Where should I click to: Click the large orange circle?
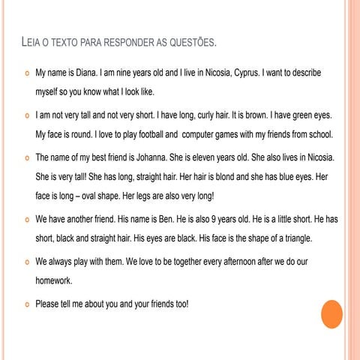(331, 313)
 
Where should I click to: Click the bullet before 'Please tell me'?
(26, 304)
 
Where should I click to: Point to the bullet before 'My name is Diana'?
(26, 76)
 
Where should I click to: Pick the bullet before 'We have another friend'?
(26, 221)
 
